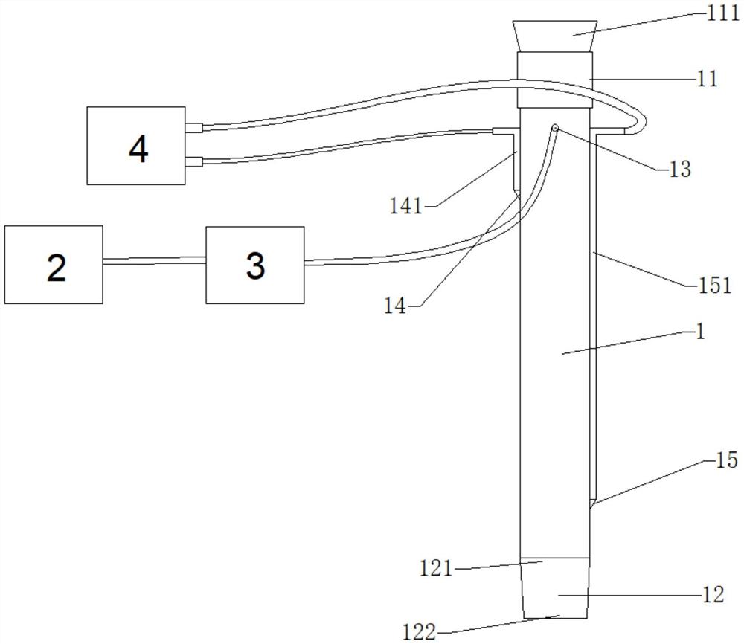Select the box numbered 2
(54, 264)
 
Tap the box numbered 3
(255, 264)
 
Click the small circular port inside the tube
(555, 128)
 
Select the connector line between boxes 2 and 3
(154, 260)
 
